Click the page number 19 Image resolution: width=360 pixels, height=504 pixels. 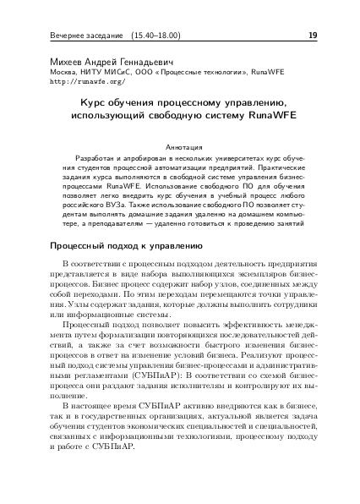313,36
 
